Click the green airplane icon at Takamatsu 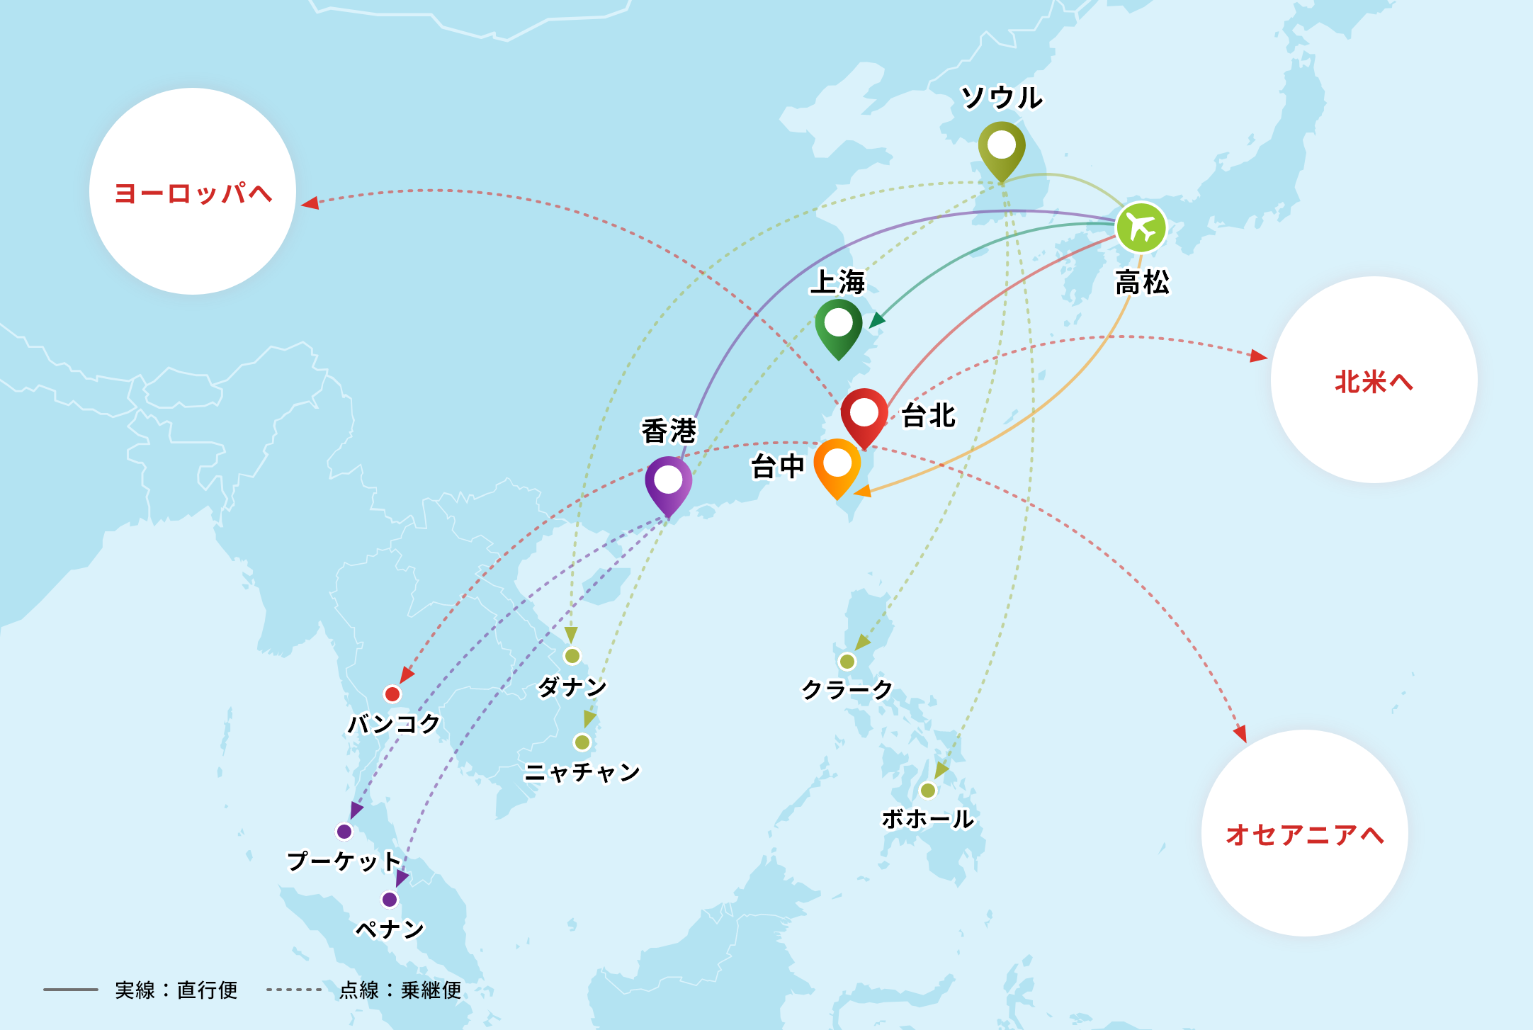(x=1141, y=227)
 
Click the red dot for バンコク (x=392, y=694)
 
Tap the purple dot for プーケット (x=344, y=831)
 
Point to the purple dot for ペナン (x=390, y=900)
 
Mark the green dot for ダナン (x=572, y=656)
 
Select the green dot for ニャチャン (x=582, y=742)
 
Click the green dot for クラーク (x=847, y=662)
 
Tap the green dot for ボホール (x=927, y=790)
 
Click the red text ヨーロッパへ (x=193, y=193)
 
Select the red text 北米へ (x=1374, y=382)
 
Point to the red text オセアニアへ (x=1304, y=834)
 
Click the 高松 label (x=1142, y=282)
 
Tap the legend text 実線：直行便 (x=176, y=990)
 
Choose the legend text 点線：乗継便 (x=400, y=990)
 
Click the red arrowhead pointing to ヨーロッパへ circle (x=310, y=203)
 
